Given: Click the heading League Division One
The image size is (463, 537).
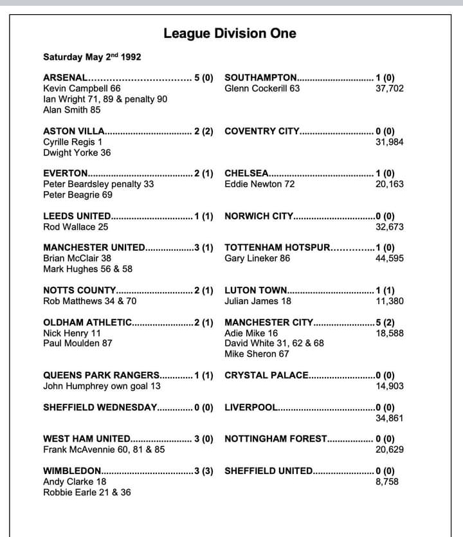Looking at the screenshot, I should click(230, 33).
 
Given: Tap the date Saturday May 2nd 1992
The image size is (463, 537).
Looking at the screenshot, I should click(92, 57).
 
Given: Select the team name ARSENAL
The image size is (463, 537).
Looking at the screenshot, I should click(64, 78).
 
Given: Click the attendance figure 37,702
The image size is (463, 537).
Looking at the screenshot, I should click(390, 89).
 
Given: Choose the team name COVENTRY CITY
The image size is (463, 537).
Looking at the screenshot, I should click(262, 131).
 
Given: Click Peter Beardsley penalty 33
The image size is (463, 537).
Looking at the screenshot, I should click(98, 184).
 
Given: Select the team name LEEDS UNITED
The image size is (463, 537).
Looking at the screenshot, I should click(77, 216).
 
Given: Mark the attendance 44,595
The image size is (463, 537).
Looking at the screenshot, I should click(390, 259).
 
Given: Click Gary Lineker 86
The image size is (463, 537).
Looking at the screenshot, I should click(257, 259).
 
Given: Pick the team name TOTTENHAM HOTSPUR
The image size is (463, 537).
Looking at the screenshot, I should click(277, 248).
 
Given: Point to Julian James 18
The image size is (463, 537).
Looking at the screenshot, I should click(258, 301).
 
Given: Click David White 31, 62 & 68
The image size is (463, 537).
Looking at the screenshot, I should click(274, 343).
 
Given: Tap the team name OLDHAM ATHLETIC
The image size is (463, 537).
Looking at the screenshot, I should click(87, 322).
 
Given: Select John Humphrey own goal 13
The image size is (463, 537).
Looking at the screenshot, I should click(102, 386).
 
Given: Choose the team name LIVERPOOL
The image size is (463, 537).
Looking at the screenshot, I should click(251, 407).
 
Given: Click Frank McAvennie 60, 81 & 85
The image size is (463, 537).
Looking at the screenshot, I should click(104, 450).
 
